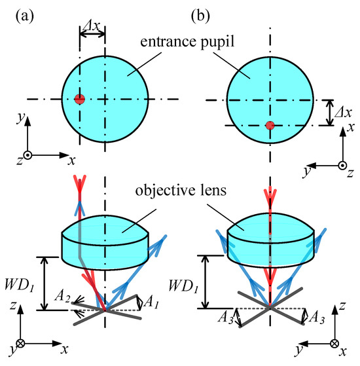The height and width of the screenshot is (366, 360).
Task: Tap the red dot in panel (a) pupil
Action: (79, 100)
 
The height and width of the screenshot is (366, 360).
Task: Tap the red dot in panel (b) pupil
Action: (269, 126)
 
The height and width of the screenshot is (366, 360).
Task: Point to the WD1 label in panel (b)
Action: (185, 286)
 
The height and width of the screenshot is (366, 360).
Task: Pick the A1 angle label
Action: (150, 302)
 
